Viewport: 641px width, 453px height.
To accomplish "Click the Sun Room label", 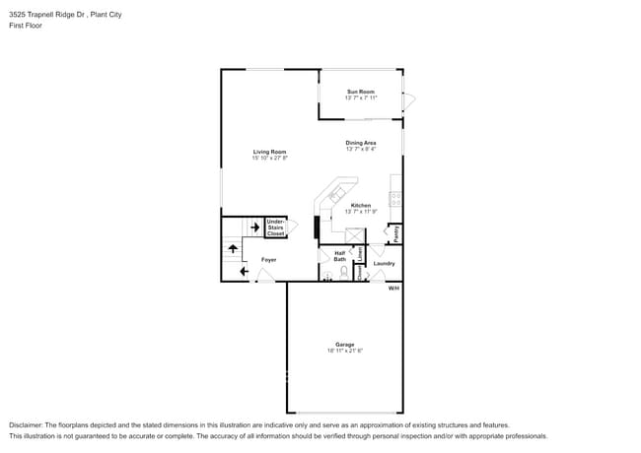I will (x=360, y=92).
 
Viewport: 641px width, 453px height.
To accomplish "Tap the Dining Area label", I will (x=360, y=143).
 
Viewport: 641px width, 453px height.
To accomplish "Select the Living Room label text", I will (x=269, y=152).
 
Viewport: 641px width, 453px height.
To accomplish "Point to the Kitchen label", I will (x=360, y=205).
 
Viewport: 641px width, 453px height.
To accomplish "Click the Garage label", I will (x=344, y=345).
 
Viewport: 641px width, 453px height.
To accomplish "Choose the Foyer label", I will (x=268, y=260).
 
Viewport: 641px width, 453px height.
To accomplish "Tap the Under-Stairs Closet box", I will (x=275, y=228).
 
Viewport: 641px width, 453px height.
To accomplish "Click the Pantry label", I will (x=396, y=234).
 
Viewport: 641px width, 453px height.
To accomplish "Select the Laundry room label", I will (x=385, y=263).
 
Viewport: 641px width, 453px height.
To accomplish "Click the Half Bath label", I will (x=339, y=256).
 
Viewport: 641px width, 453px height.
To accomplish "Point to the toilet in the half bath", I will (x=344, y=272).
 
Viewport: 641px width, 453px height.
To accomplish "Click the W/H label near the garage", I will (x=393, y=288).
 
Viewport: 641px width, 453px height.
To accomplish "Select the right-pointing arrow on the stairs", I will (x=253, y=228).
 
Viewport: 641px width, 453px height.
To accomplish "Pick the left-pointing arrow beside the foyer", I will (x=244, y=271).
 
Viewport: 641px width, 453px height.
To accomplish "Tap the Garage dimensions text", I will (x=344, y=351).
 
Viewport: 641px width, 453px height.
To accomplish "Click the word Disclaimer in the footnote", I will (x=27, y=424).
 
